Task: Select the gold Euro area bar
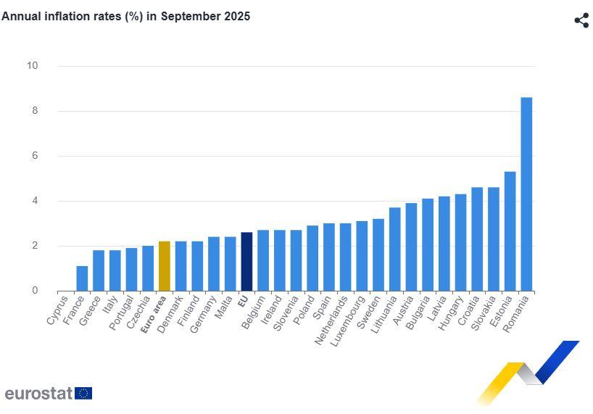(165, 266)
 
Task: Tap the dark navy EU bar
(246, 262)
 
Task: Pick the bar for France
(82, 278)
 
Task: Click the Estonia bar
(510, 231)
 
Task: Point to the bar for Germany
(214, 264)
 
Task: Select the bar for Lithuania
(395, 249)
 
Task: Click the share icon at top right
(581, 20)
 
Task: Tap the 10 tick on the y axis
(32, 66)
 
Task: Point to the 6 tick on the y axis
(34, 156)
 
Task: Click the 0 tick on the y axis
(34, 291)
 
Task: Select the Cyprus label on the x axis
(57, 310)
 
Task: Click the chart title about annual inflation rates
(126, 16)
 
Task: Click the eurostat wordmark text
(38, 394)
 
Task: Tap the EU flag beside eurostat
(83, 394)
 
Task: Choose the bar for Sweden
(378, 254)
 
